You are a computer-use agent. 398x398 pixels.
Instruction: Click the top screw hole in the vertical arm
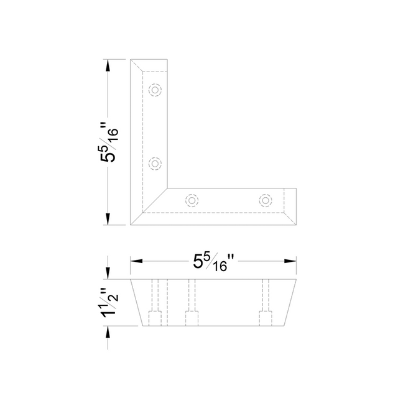(155, 90)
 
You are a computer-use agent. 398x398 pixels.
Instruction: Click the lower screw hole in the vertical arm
(155, 164)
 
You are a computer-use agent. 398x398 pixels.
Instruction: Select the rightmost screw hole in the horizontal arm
(266, 200)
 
